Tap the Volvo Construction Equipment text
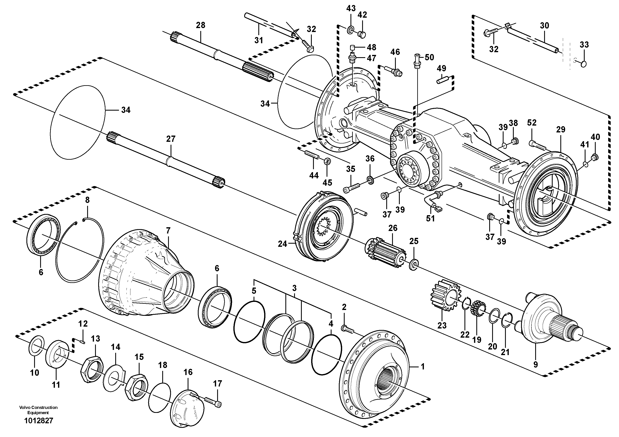(38, 410)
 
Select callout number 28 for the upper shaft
(200, 25)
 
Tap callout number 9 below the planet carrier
(535, 364)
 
